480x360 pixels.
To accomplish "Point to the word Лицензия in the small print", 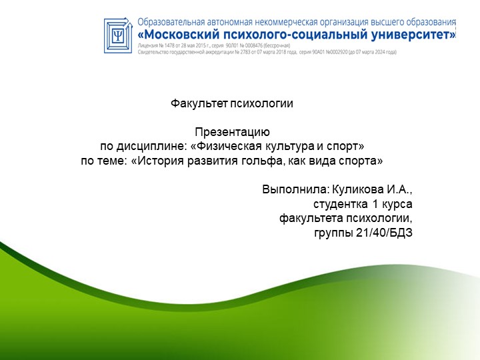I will click(147, 45).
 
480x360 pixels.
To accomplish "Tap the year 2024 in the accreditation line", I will click(383, 52).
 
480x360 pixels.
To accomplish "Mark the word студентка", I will click(339, 204).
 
